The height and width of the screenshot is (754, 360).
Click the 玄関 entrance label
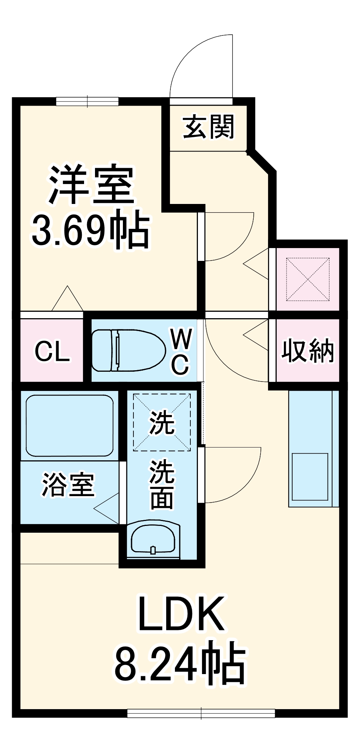point(208,127)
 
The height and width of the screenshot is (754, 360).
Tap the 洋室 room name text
point(92,185)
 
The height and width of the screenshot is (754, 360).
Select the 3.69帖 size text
point(90,230)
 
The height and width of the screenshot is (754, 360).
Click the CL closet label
point(52,351)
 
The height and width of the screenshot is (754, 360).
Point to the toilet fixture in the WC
point(128,351)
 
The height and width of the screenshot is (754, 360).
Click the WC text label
point(181,351)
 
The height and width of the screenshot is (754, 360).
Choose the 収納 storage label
point(308,351)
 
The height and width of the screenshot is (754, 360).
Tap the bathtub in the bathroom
point(69,426)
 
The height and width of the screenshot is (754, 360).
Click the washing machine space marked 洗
point(162,422)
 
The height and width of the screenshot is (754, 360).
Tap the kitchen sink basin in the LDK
point(310,477)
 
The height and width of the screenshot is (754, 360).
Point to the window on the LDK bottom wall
point(201,713)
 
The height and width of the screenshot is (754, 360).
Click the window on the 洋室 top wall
point(87,101)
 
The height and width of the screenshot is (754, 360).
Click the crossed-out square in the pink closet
point(308,279)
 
